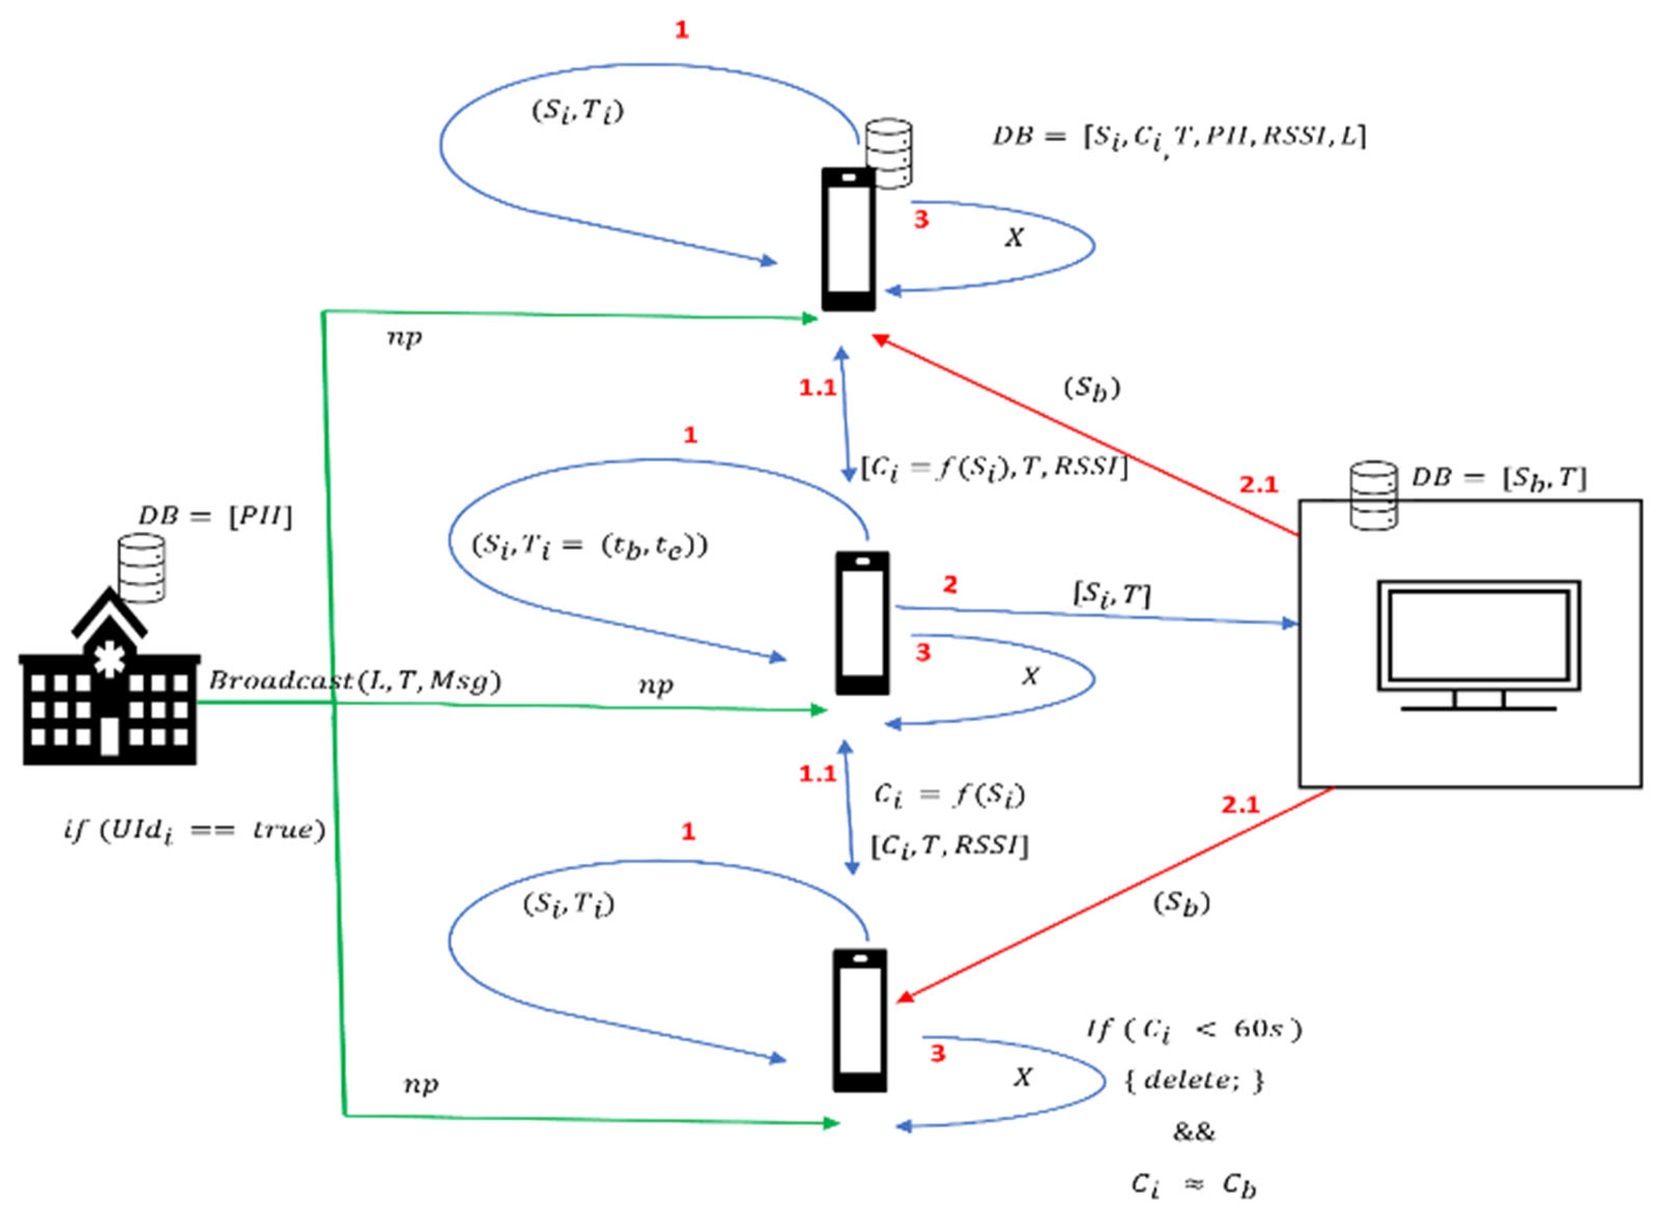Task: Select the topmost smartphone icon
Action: point(848,239)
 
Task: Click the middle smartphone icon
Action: point(862,623)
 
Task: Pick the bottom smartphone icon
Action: point(860,1020)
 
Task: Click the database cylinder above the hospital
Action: point(141,568)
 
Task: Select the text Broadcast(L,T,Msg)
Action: point(355,681)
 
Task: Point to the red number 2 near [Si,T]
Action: point(950,585)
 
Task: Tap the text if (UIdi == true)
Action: point(194,830)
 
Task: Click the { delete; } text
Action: point(1194,1080)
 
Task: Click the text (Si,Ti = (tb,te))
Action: point(589,547)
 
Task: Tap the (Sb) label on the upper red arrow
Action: point(1091,388)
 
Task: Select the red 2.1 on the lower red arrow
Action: point(1240,805)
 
